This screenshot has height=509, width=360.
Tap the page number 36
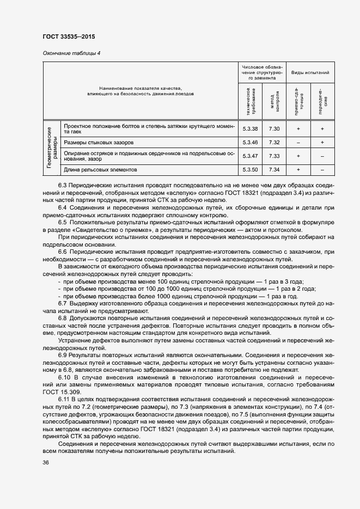(x=46, y=463)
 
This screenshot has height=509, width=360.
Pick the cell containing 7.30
(x=275, y=128)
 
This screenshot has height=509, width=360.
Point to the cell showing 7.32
(x=275, y=143)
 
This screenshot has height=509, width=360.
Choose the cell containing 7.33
(x=275, y=156)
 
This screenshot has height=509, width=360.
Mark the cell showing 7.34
(x=275, y=170)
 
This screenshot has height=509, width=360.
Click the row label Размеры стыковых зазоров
(x=99, y=143)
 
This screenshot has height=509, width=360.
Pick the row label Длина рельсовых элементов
(x=101, y=170)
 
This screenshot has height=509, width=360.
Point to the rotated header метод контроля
(x=275, y=101)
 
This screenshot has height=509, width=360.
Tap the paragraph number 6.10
(x=64, y=377)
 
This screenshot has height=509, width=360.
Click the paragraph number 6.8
(x=62, y=317)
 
